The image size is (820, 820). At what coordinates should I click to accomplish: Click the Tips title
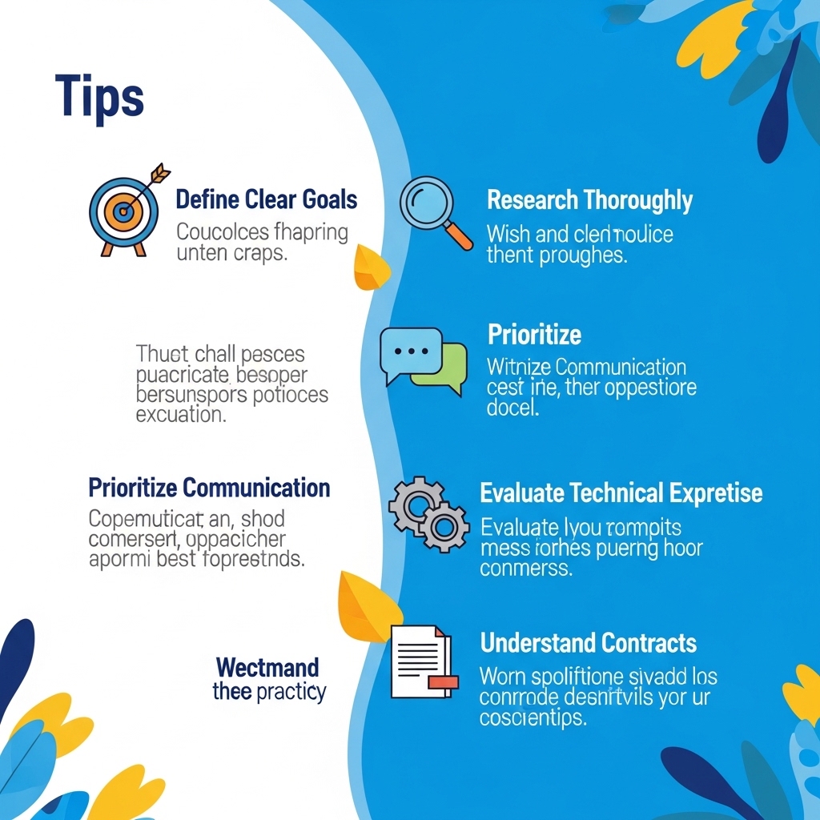click(100, 98)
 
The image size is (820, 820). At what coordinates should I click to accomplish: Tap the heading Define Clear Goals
click(267, 199)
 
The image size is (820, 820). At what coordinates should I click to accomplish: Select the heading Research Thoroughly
click(589, 200)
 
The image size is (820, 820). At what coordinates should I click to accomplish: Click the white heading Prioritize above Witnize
click(534, 334)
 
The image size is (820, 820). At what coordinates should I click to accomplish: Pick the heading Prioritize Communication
click(209, 487)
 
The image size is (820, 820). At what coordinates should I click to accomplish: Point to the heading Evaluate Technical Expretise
click(621, 492)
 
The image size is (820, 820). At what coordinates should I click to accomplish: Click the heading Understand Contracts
click(588, 642)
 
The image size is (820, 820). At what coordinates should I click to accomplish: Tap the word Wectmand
click(267, 667)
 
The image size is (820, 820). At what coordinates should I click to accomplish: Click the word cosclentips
click(533, 718)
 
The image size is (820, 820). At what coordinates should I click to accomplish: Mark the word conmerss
click(526, 569)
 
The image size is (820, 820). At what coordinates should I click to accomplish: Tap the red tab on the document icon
click(443, 682)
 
